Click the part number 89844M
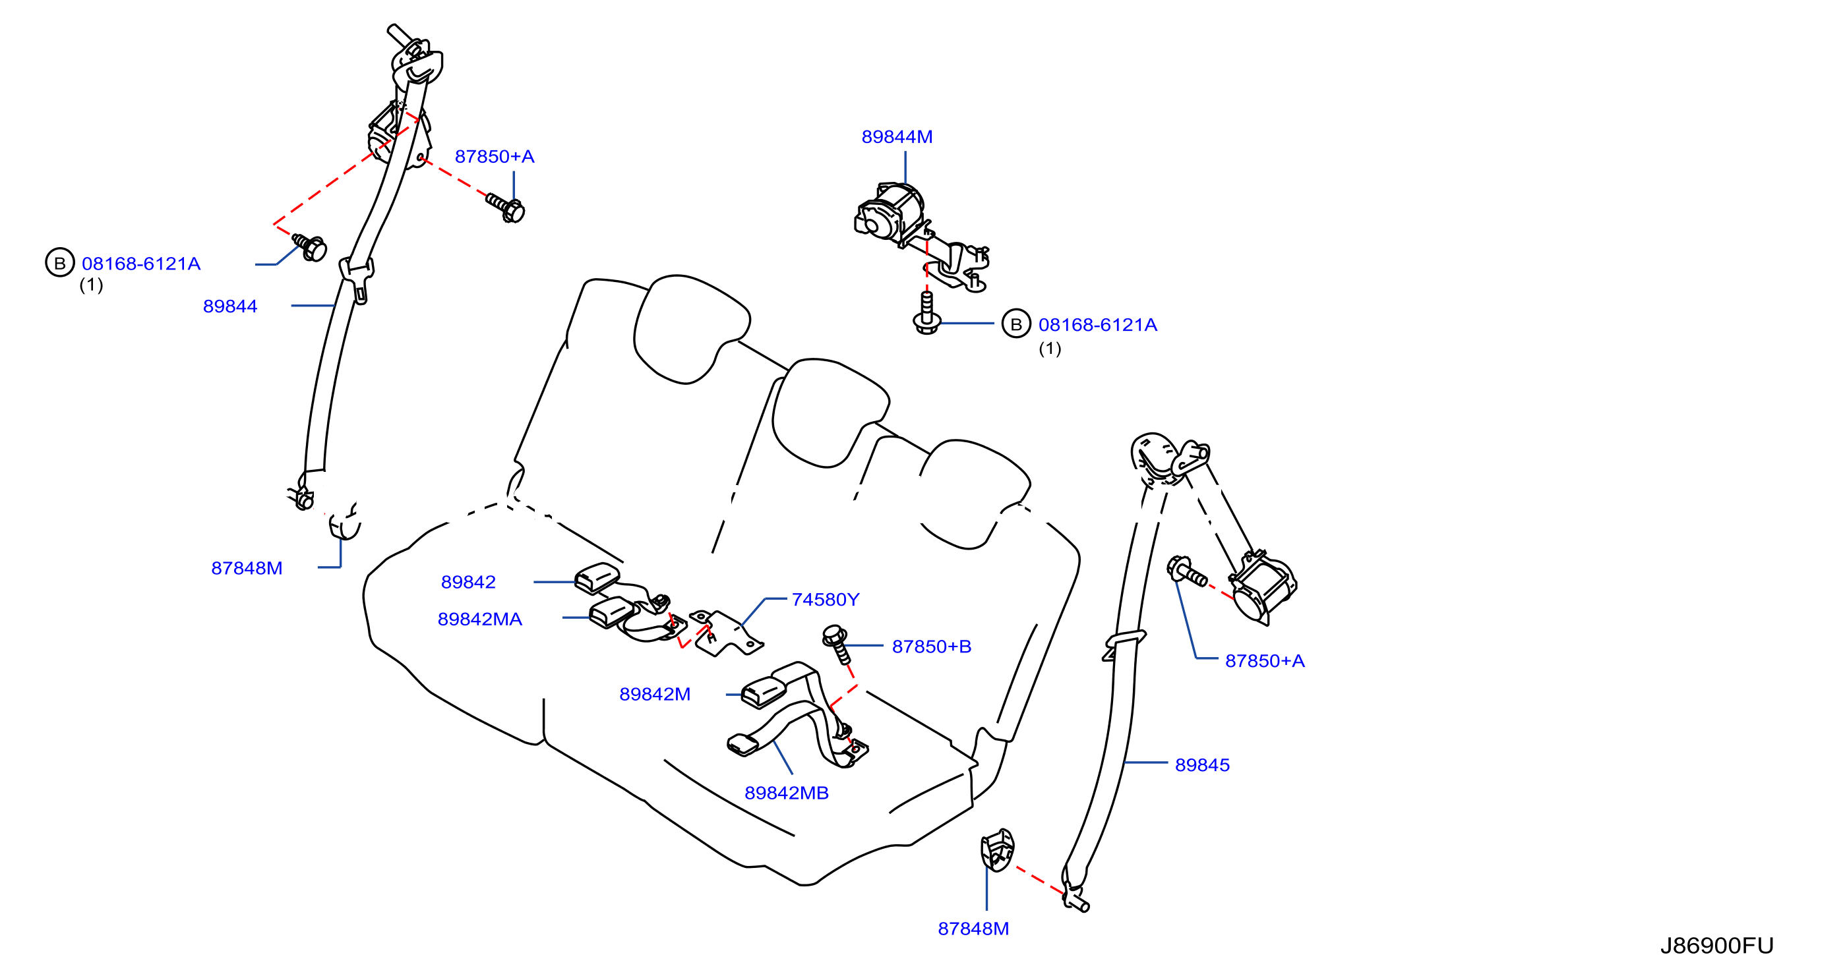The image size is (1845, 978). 897,136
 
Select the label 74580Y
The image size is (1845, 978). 825,599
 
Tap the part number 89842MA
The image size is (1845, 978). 480,619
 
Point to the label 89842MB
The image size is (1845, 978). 787,793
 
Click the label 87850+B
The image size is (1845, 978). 931,647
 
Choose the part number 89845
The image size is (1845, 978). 1202,764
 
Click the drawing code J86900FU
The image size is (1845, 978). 1717,946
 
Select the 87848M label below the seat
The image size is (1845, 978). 973,929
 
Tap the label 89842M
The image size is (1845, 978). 655,694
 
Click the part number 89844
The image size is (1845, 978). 230,306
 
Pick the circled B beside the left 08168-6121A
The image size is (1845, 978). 60,263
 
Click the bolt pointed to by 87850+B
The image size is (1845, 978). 837,644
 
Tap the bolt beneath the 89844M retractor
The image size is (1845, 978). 927,313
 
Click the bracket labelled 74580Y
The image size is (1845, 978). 725,632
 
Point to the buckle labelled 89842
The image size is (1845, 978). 597,579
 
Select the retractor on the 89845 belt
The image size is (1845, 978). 1262,587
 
